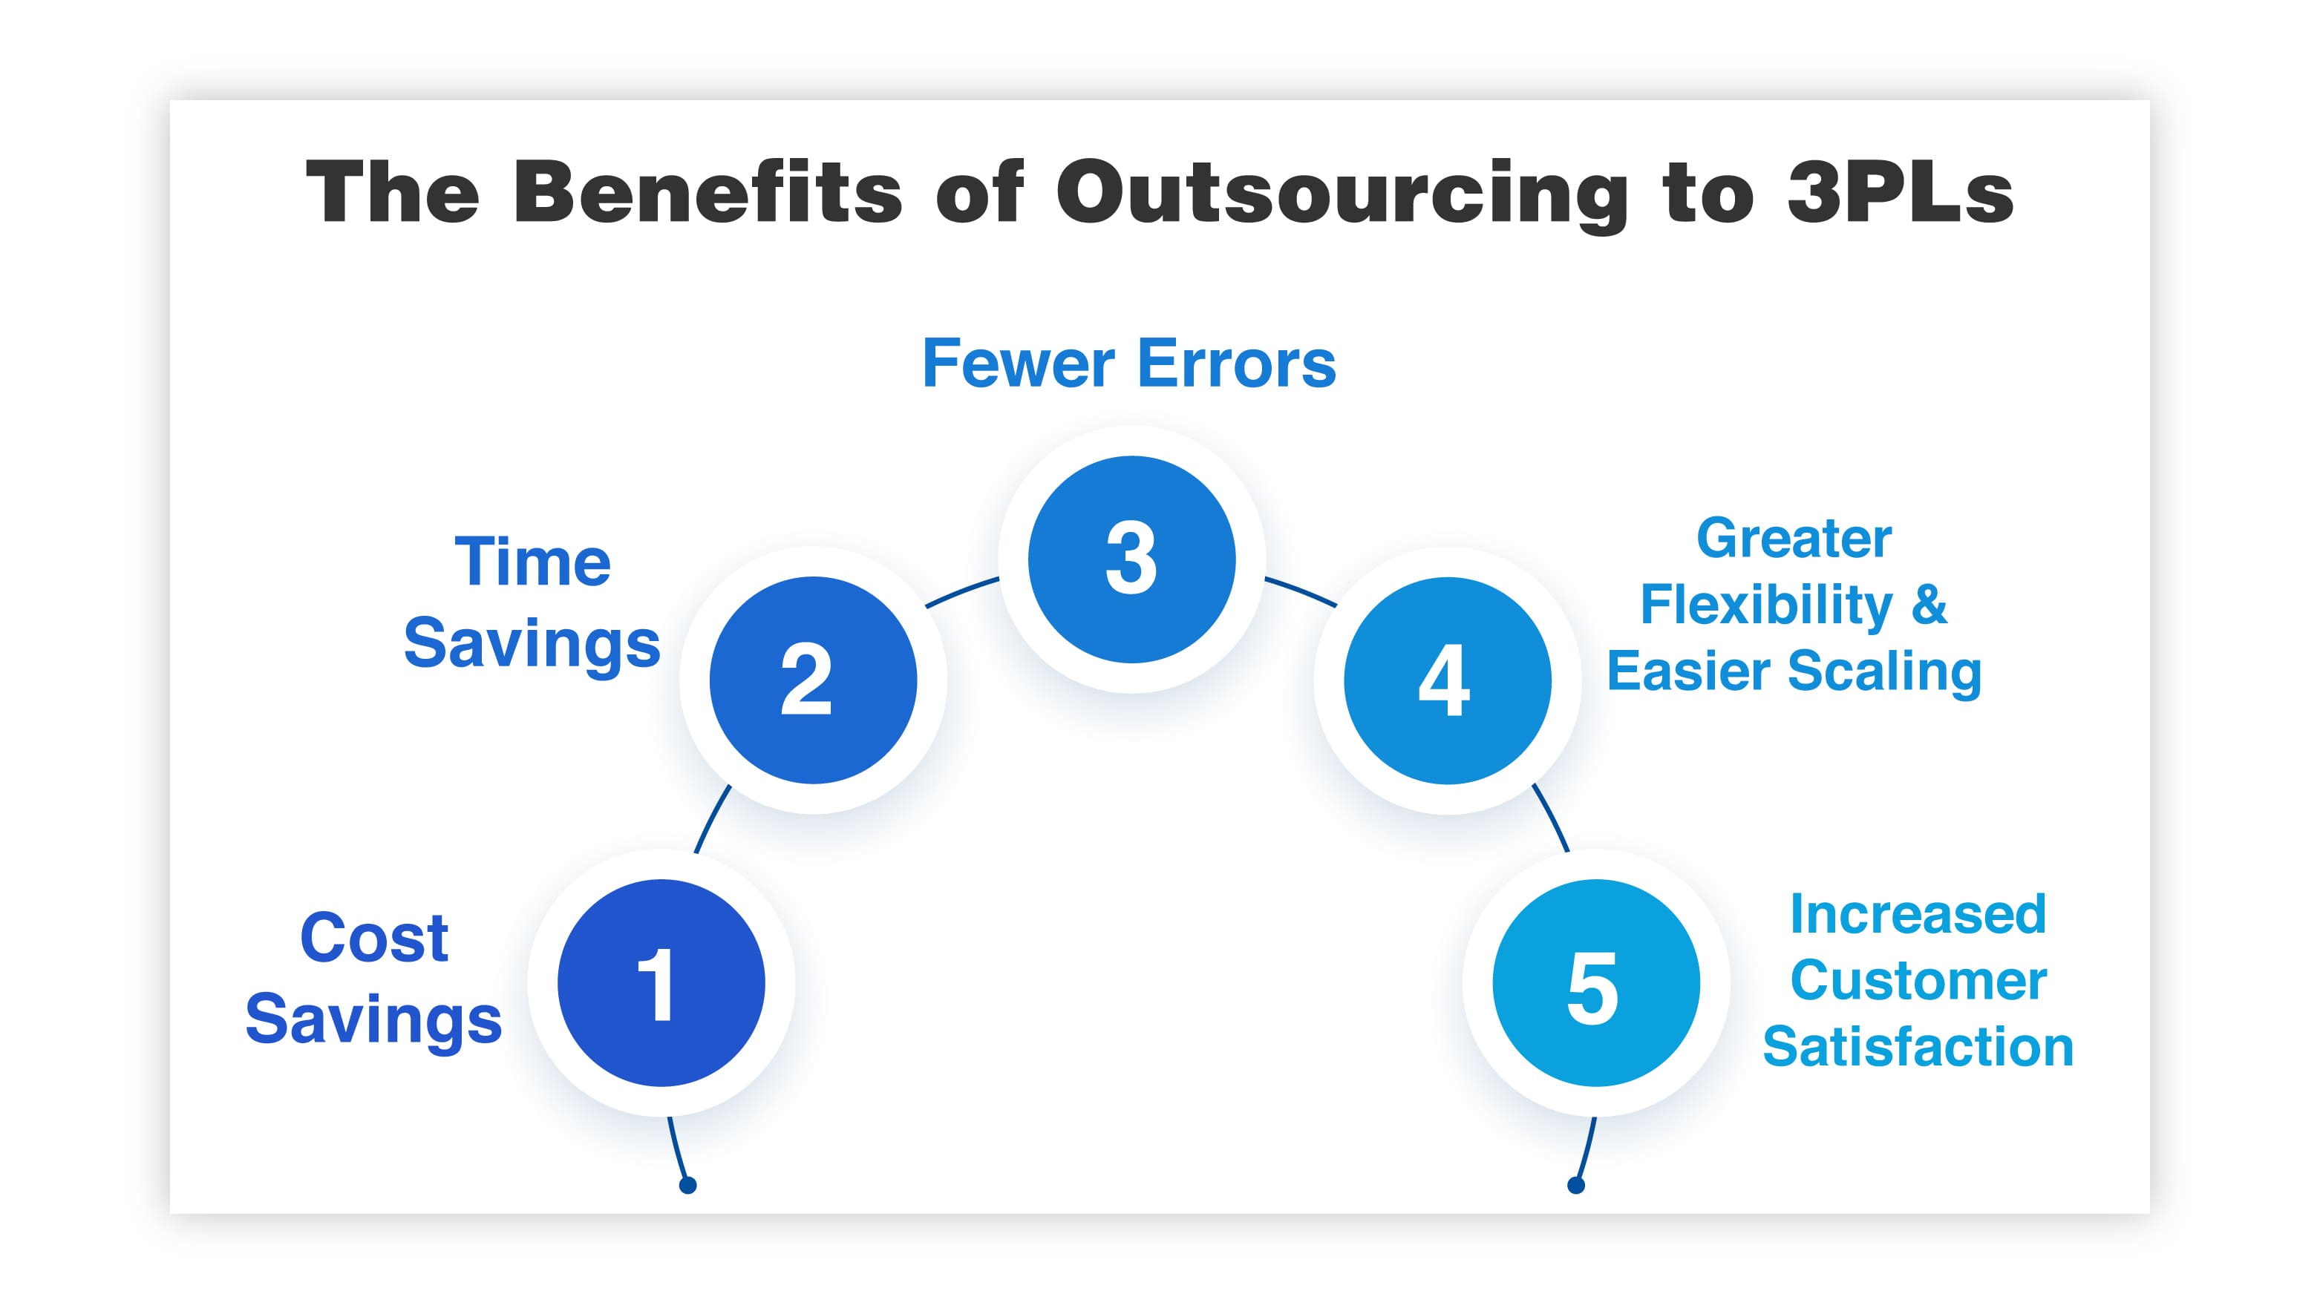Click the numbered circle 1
point(661,983)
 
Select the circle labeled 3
point(1131,559)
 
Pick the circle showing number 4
point(1447,680)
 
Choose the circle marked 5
point(1595,983)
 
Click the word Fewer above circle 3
point(1019,364)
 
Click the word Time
point(532,562)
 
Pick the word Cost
point(373,938)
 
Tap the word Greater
point(1793,539)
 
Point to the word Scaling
point(1884,672)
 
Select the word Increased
point(1918,914)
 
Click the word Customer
point(1918,980)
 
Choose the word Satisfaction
point(1918,1047)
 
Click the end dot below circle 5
point(1576,1185)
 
